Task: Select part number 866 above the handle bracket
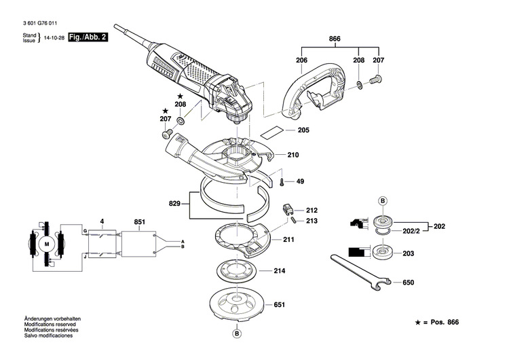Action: [x=335, y=39]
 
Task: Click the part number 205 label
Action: [x=303, y=130]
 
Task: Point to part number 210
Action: [x=293, y=155]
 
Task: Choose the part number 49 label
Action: [x=299, y=181]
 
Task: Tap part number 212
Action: [x=312, y=211]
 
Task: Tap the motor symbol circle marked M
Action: [x=47, y=244]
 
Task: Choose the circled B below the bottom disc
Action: [x=237, y=334]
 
